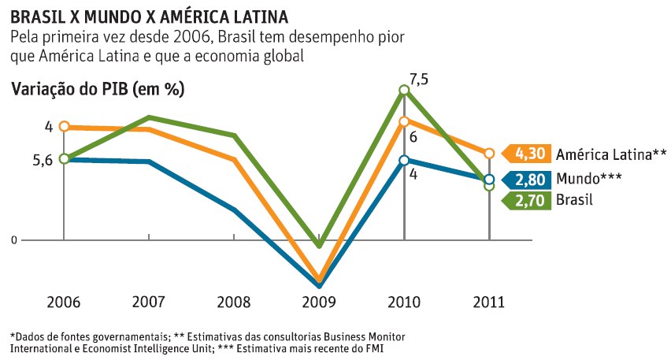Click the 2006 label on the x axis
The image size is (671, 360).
coord(63,302)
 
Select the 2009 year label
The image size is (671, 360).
coord(319,302)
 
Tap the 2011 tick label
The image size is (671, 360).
coord(489,302)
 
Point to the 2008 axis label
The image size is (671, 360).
coord(233,302)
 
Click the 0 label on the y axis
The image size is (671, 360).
coord(14,239)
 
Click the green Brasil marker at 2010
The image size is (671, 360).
coord(404,90)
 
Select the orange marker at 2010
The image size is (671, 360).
coord(404,121)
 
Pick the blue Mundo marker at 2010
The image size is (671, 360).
coord(404,161)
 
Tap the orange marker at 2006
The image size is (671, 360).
coord(64,126)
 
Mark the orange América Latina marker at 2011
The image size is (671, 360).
coord(489,153)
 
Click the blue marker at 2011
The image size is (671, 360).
coord(489,179)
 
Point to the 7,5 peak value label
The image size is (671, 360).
coord(419,79)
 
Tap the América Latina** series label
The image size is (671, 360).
coord(611,154)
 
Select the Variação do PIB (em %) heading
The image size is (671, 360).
coord(98,88)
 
